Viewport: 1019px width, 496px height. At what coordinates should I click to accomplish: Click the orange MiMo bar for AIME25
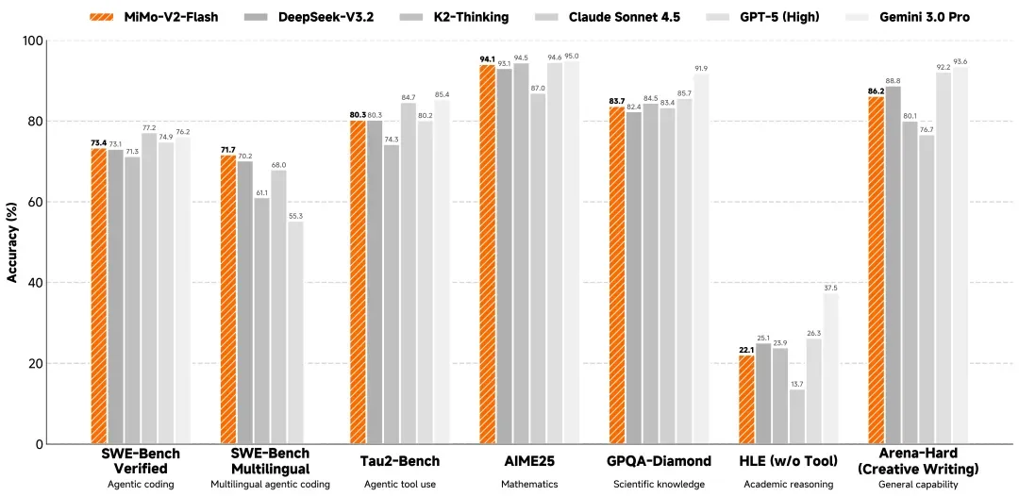tap(487, 255)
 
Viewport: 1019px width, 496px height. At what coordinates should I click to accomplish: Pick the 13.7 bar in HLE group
tap(797, 416)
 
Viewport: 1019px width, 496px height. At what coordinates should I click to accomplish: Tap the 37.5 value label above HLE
tap(830, 287)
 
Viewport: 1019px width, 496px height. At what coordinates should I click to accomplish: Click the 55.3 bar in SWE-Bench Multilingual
tap(295, 332)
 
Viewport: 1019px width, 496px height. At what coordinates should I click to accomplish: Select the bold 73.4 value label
tap(98, 142)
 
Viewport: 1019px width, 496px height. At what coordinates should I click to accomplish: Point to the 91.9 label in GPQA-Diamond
tap(701, 68)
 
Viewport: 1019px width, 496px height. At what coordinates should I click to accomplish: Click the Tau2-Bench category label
tap(401, 461)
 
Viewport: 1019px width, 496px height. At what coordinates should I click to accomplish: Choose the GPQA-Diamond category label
tap(659, 461)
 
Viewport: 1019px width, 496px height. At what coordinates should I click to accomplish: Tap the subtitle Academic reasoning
tap(789, 484)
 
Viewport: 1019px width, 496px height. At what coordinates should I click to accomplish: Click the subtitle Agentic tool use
tap(401, 484)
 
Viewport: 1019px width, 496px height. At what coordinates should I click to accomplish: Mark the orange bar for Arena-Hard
tap(876, 270)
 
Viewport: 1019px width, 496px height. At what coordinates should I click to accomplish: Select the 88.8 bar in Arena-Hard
tap(893, 265)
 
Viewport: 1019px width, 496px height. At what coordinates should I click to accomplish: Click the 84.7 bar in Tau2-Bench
tap(409, 273)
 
